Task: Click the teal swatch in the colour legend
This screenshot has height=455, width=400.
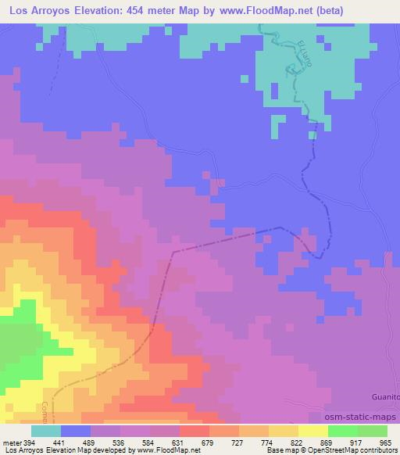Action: coord(46,431)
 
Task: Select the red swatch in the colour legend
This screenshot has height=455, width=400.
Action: coord(195,431)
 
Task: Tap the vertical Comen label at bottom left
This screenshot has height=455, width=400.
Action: coord(45,413)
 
